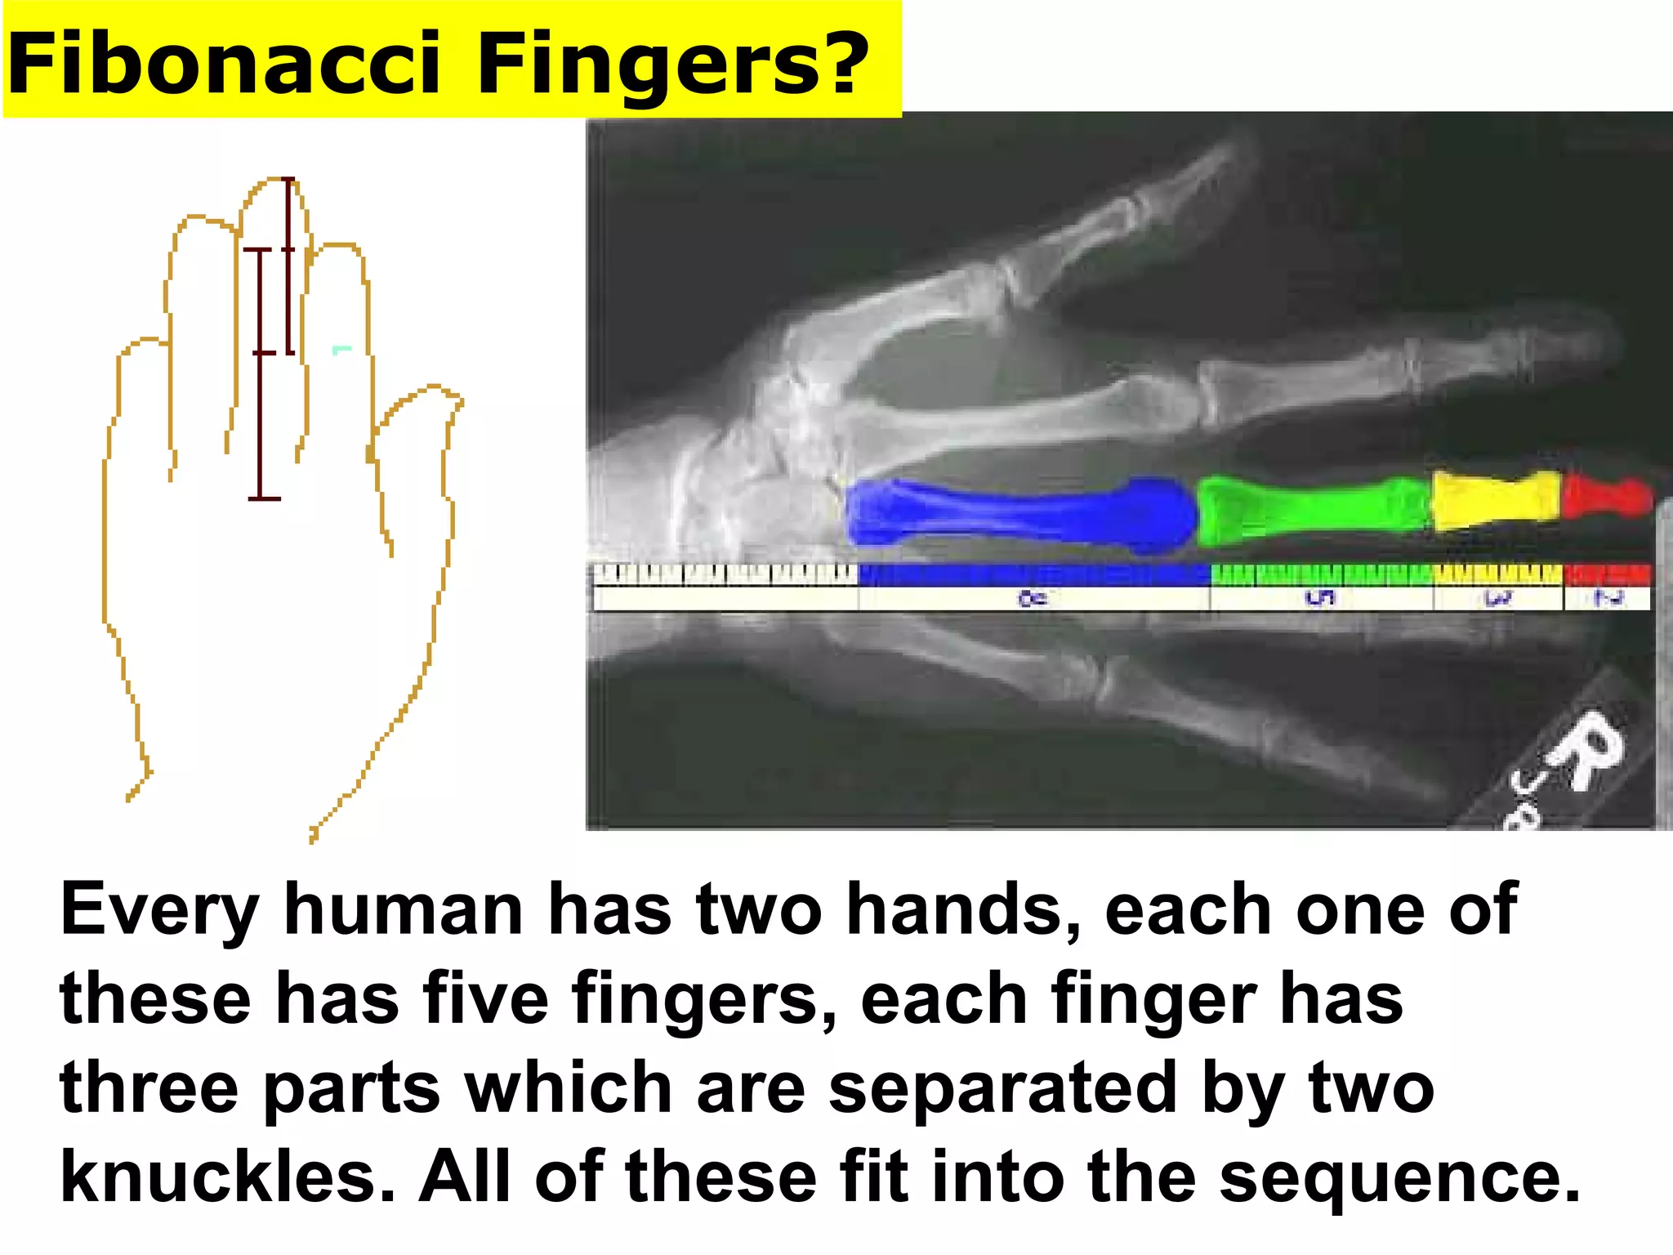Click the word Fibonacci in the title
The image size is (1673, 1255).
pos(225,64)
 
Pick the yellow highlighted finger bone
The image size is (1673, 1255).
pos(1495,498)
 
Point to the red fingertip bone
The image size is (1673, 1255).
pos(1605,497)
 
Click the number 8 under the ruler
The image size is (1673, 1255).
pos(1033,599)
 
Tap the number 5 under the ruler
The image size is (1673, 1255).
pos(1321,599)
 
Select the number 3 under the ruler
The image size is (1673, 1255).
pos(1498,599)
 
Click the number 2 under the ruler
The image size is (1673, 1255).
pos(1608,599)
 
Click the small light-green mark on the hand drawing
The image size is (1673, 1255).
pos(341,350)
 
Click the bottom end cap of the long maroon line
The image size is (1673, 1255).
pos(264,498)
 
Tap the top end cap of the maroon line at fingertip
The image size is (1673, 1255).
pos(288,179)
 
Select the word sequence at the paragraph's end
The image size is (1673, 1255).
pos(1397,1177)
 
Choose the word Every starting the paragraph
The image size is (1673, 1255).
pos(159,909)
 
